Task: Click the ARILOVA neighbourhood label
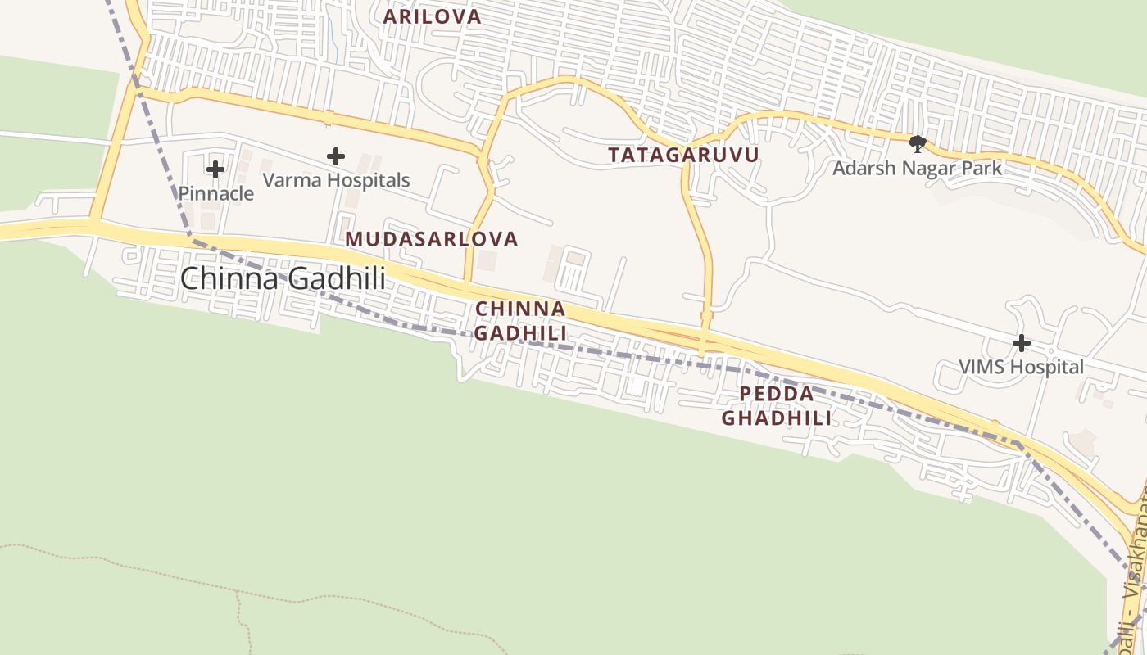pyautogui.click(x=432, y=17)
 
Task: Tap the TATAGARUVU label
pyautogui.click(x=683, y=155)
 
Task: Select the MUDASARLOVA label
pyautogui.click(x=431, y=239)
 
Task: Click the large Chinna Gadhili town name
pyautogui.click(x=283, y=278)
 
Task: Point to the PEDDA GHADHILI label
pyautogui.click(x=776, y=406)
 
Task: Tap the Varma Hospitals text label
pyautogui.click(x=336, y=180)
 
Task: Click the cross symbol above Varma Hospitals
pyautogui.click(x=335, y=156)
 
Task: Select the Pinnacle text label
pyautogui.click(x=216, y=194)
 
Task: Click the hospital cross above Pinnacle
pyautogui.click(x=215, y=169)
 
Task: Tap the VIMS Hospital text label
pyautogui.click(x=1021, y=367)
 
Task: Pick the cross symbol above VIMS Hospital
pyautogui.click(x=1021, y=343)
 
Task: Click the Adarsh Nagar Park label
pyautogui.click(x=918, y=169)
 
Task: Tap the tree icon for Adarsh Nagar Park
pyautogui.click(x=918, y=145)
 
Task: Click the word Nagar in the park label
pyautogui.click(x=918, y=169)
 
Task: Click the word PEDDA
pyautogui.click(x=777, y=394)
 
